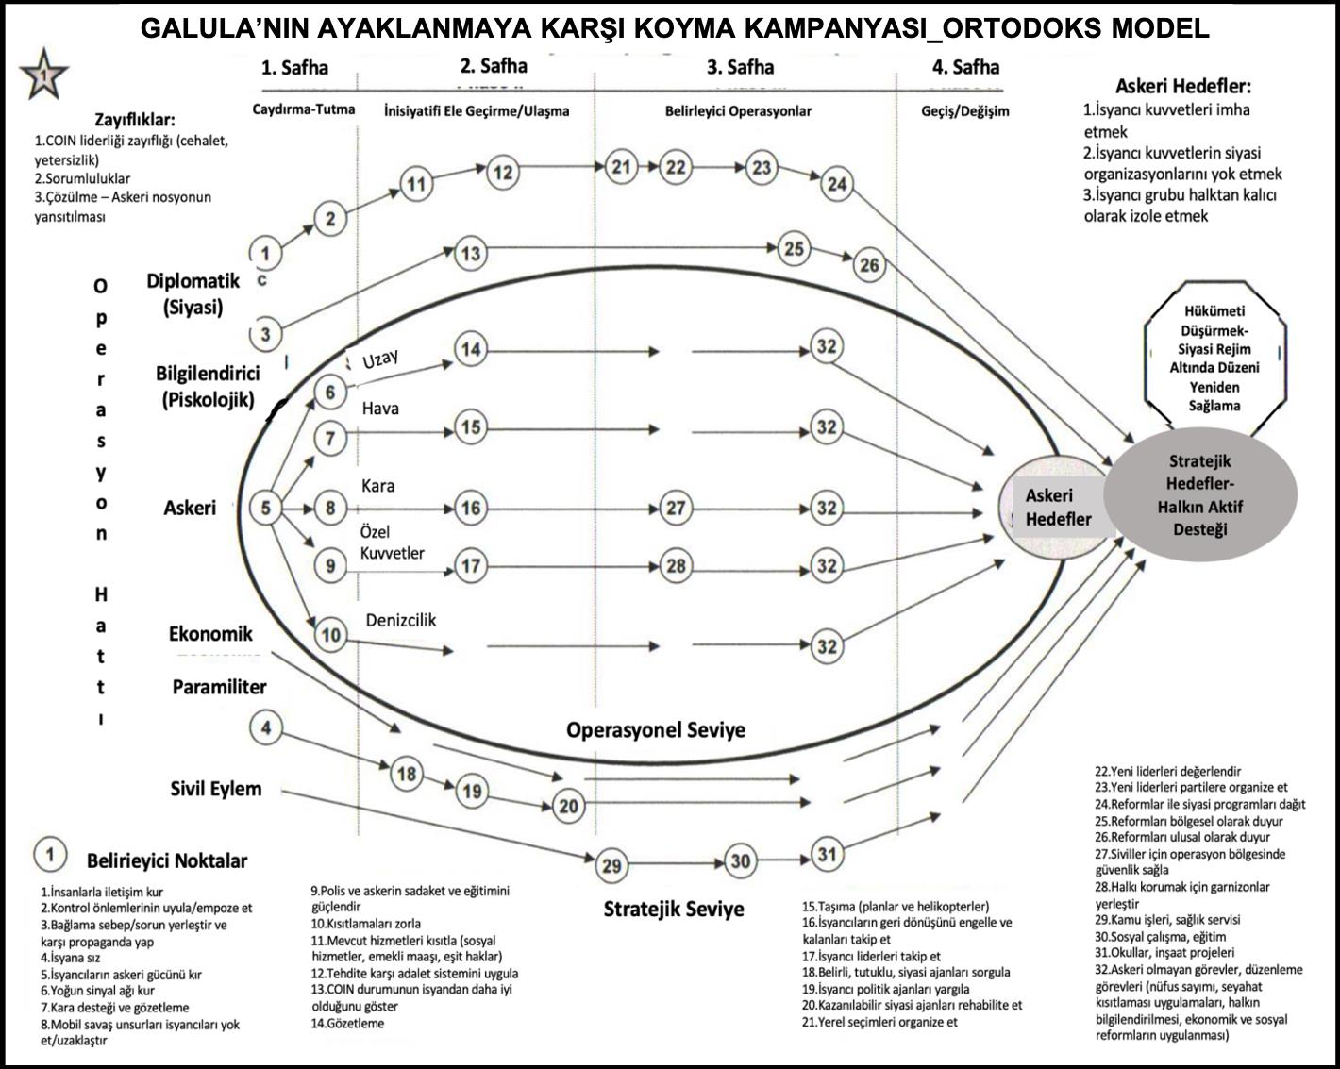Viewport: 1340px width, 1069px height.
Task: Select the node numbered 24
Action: (837, 183)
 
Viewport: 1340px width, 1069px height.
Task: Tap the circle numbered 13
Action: (470, 253)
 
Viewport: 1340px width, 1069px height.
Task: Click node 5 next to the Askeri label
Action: (266, 509)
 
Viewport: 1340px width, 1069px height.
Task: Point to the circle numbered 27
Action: (676, 509)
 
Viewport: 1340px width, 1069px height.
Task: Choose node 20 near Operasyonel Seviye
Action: (568, 807)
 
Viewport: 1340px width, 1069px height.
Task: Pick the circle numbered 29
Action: (611, 865)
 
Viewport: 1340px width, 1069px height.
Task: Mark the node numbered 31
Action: (827, 855)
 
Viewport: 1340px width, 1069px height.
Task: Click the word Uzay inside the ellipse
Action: (381, 359)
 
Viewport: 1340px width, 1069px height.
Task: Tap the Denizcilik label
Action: (401, 620)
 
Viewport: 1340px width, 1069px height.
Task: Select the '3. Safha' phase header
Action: (740, 67)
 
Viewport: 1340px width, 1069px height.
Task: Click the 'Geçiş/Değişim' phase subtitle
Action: (964, 110)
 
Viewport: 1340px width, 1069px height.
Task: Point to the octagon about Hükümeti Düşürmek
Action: (1215, 359)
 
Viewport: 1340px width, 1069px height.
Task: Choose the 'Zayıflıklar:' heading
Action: (134, 120)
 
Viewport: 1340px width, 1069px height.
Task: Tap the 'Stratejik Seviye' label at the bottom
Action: (674, 909)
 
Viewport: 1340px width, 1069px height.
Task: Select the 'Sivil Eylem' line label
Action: (216, 789)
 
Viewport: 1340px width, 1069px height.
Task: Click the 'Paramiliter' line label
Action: (219, 687)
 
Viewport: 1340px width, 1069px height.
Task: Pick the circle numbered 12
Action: (502, 173)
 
